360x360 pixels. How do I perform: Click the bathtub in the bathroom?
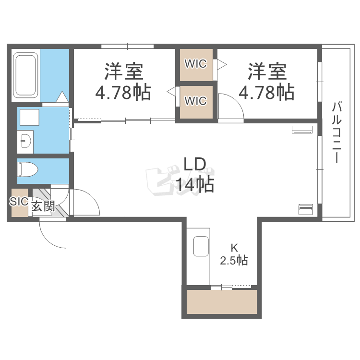pos(26,75)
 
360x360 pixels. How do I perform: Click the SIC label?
pos(19,202)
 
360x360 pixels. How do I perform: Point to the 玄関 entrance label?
pos(43,207)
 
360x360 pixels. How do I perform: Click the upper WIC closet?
pos(196,64)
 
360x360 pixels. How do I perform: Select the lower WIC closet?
pos(196,101)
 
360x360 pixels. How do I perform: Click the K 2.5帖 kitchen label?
pos(234,255)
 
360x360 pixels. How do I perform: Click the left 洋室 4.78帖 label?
pos(123,82)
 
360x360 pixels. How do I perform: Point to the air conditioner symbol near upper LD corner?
pos(303,129)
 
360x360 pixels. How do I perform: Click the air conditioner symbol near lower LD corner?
pos(305,209)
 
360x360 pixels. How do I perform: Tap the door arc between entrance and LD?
pos(85,202)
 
